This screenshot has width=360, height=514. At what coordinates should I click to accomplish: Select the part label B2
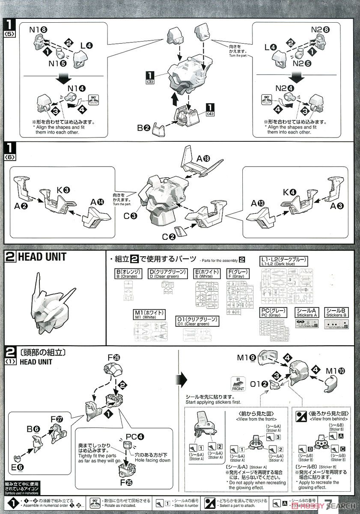pyautogui.click(x=143, y=128)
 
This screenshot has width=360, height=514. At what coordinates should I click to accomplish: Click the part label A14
pyautogui.click(x=96, y=201)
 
